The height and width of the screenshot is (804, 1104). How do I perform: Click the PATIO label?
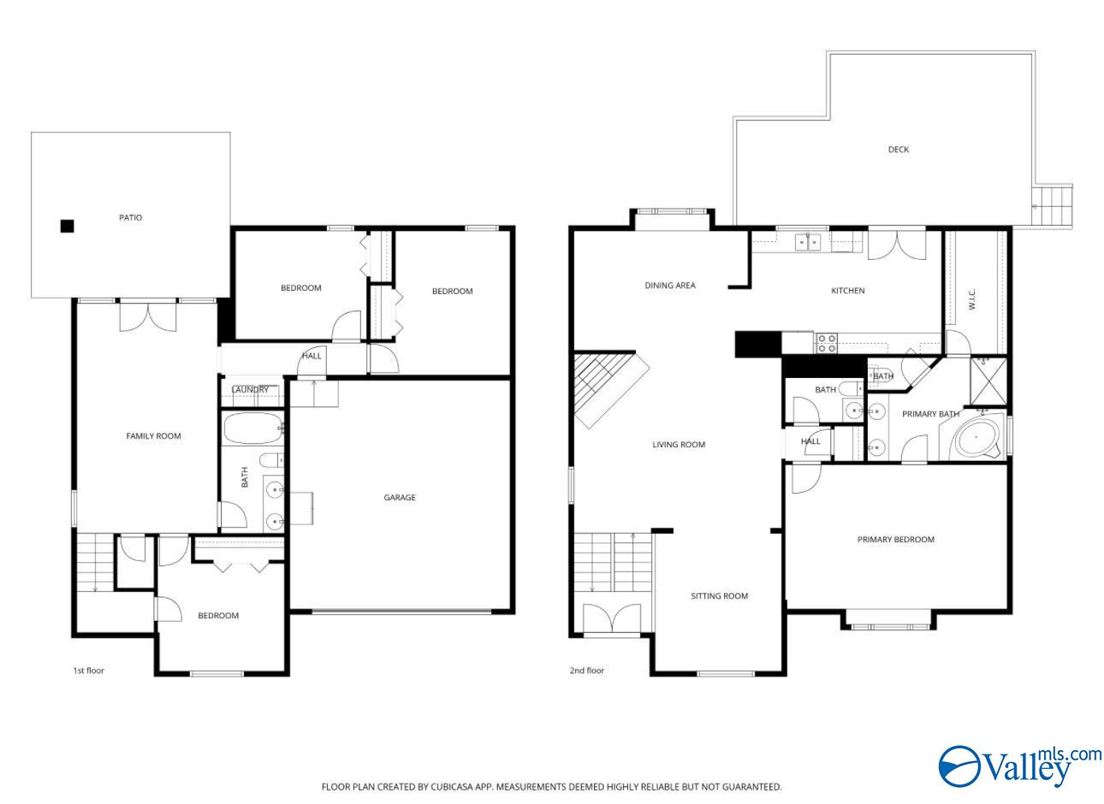click(131, 218)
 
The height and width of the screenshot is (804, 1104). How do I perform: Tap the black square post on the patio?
click(67, 226)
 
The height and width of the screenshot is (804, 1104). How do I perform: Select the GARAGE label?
click(400, 498)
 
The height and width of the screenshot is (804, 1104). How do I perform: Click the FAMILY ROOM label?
click(154, 436)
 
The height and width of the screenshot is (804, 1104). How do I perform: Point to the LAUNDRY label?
click(251, 390)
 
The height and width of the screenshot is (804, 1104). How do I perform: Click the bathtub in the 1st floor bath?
click(253, 429)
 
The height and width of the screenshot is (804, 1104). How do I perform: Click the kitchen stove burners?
click(827, 343)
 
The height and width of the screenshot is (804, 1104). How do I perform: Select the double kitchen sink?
click(807, 242)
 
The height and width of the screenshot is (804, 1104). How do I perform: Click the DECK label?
click(899, 150)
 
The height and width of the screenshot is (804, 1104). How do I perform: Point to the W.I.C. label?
click(972, 299)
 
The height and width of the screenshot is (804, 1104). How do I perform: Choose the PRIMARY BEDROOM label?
click(896, 540)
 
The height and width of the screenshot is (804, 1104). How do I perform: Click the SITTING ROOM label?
click(720, 596)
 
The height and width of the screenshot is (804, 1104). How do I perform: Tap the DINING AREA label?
click(670, 285)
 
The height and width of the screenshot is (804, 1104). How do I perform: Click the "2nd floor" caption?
click(587, 671)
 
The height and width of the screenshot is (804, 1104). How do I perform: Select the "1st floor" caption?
click(89, 671)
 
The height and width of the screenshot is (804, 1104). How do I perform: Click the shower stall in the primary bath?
click(988, 381)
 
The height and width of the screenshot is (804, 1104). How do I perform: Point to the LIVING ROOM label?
click(679, 445)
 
